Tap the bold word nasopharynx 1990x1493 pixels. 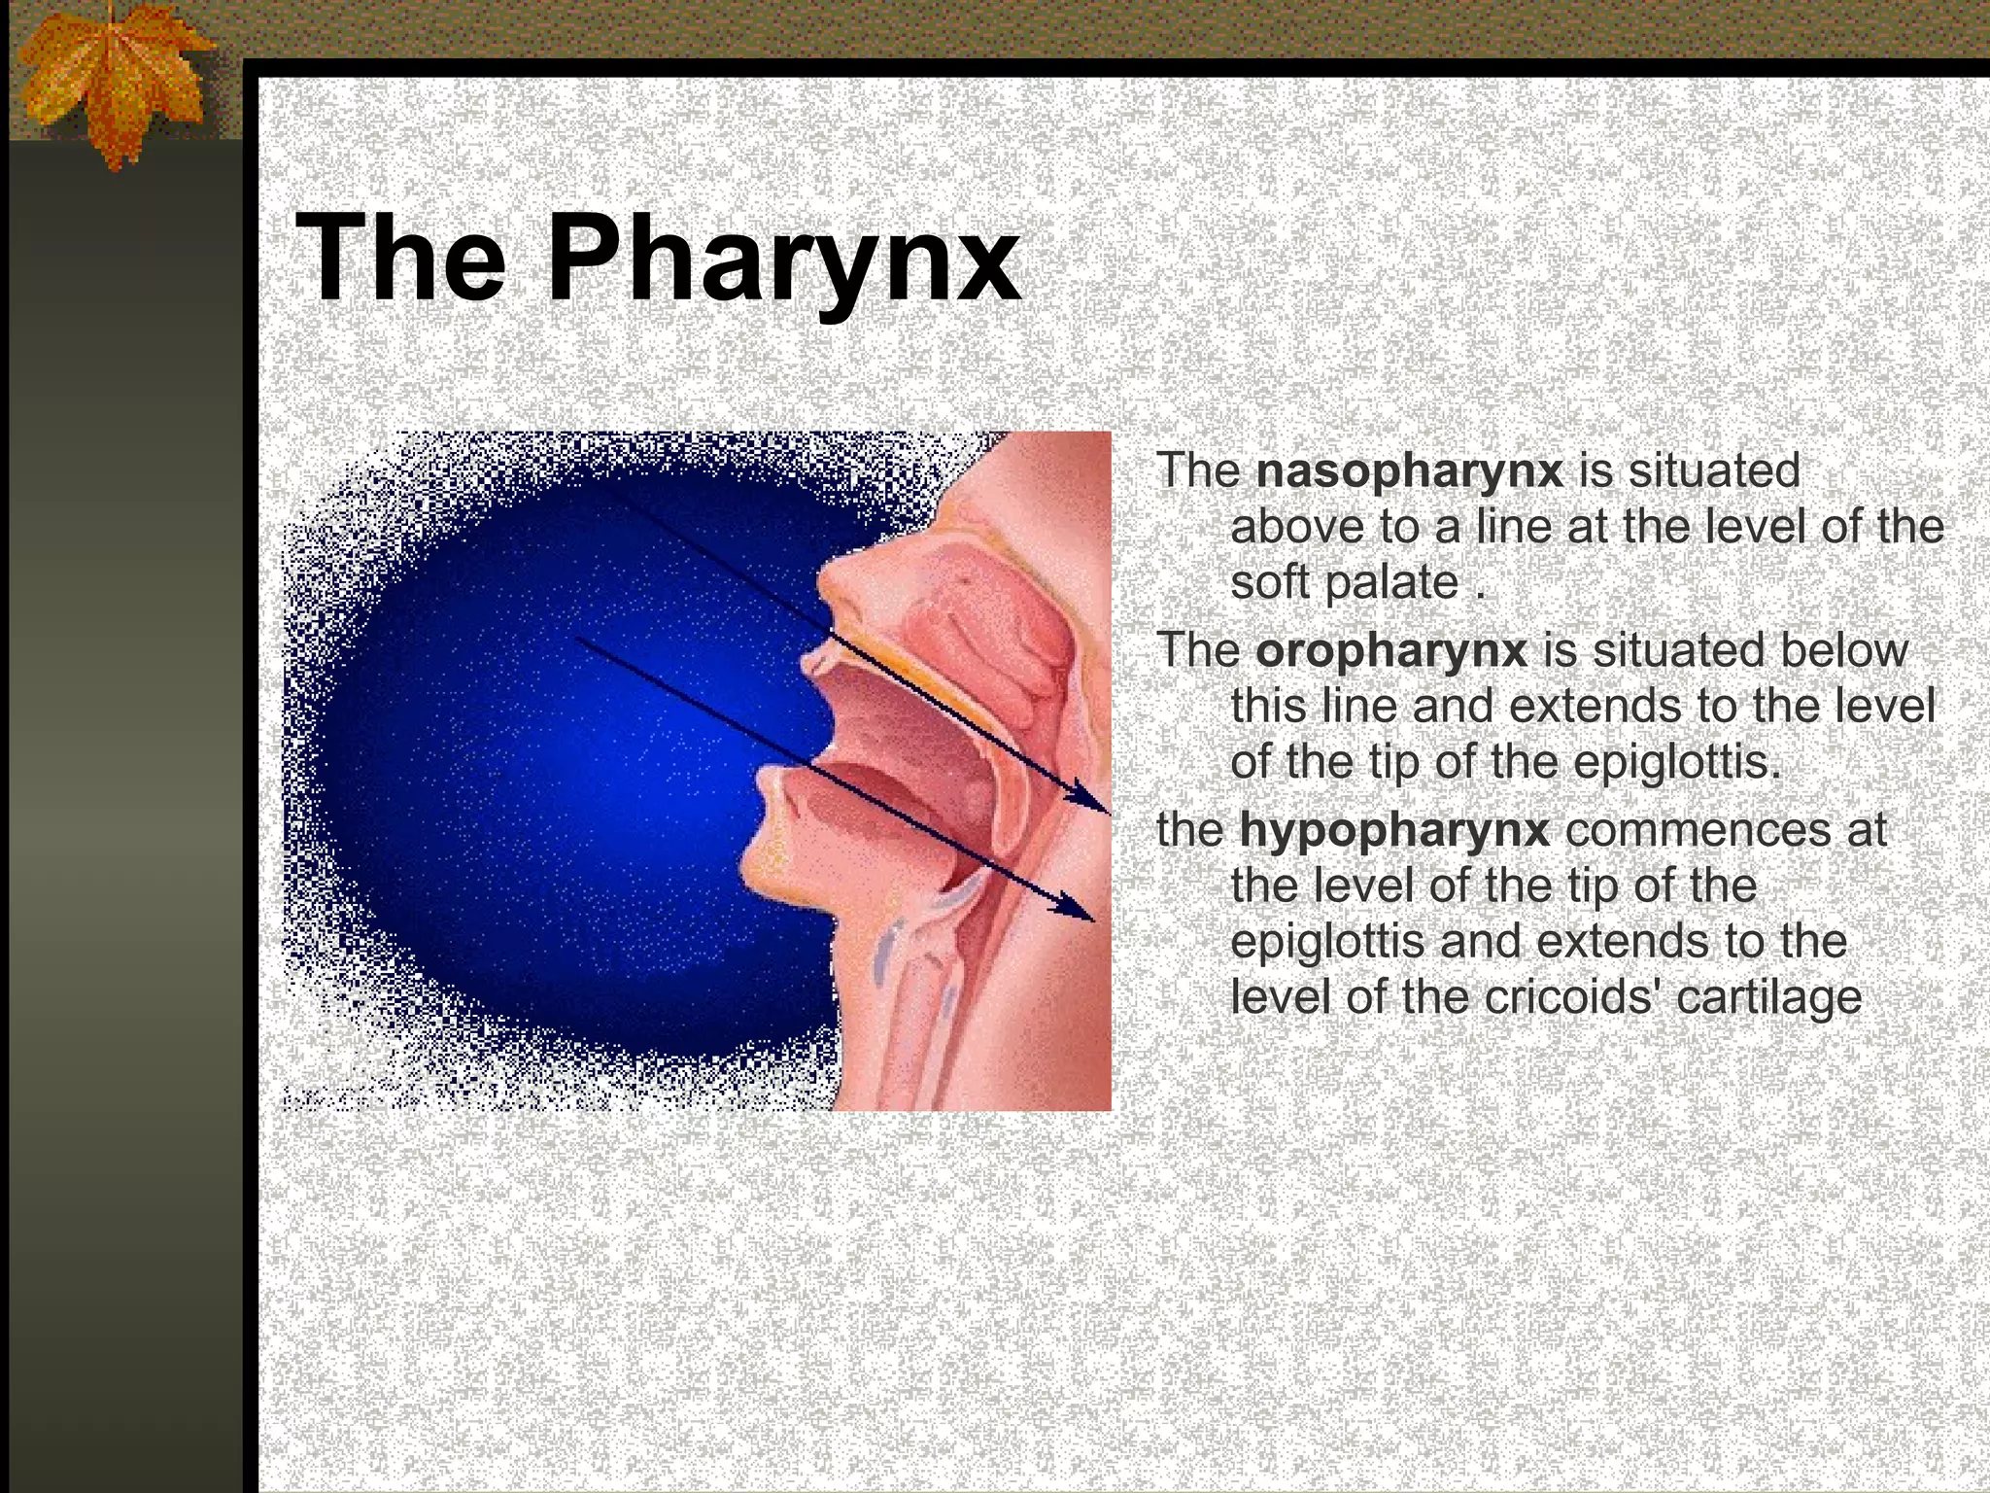click(1409, 470)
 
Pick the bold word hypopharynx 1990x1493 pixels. click(1394, 830)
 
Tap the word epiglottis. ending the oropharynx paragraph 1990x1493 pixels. click(1677, 763)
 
